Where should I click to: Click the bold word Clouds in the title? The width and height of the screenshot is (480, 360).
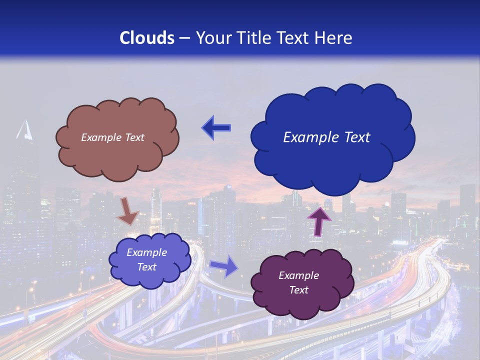pyautogui.click(x=147, y=38)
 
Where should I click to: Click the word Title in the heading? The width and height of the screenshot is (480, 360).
pyautogui.click(x=254, y=38)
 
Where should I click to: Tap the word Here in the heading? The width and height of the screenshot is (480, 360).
pyautogui.click(x=334, y=38)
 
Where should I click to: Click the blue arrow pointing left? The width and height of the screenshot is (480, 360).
pyautogui.click(x=216, y=128)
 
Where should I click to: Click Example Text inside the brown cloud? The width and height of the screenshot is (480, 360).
pyautogui.click(x=112, y=137)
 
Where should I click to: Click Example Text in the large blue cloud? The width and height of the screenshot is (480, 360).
pyautogui.click(x=326, y=137)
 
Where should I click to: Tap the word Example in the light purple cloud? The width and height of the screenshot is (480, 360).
pyautogui.click(x=146, y=252)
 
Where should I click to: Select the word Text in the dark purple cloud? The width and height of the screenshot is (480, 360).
pyautogui.click(x=298, y=290)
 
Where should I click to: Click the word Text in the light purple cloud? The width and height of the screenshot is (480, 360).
pyautogui.click(x=146, y=267)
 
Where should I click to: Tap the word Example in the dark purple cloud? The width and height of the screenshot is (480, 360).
pyautogui.click(x=298, y=275)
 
